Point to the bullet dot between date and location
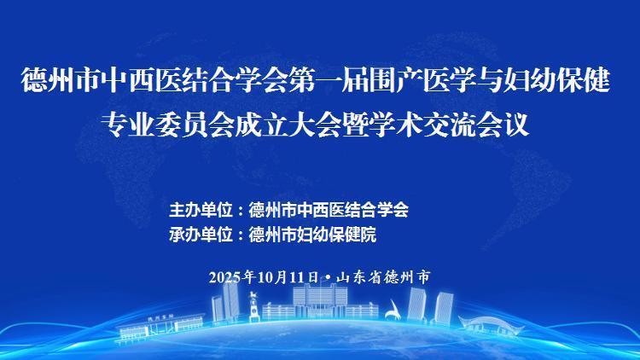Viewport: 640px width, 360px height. click(329, 277)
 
